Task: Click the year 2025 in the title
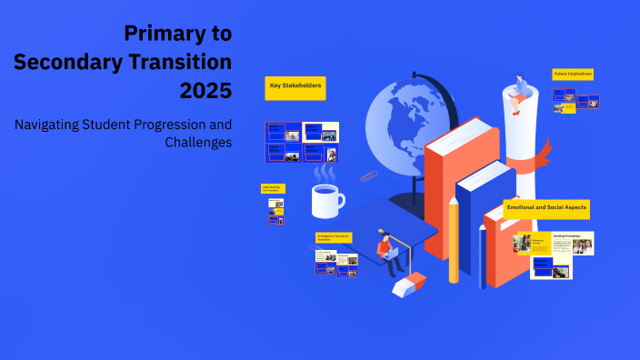coord(205,89)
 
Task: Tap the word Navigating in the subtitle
coord(52,124)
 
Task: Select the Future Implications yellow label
coord(573,75)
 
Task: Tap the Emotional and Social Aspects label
coord(546,208)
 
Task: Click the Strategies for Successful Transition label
coord(333,237)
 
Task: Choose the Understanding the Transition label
coord(273,188)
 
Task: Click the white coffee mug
coord(326,201)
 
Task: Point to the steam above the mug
coord(325,172)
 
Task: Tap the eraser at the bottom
coord(408,285)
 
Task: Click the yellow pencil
coord(453,241)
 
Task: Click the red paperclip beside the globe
coord(367,175)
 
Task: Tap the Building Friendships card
coord(570,243)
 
